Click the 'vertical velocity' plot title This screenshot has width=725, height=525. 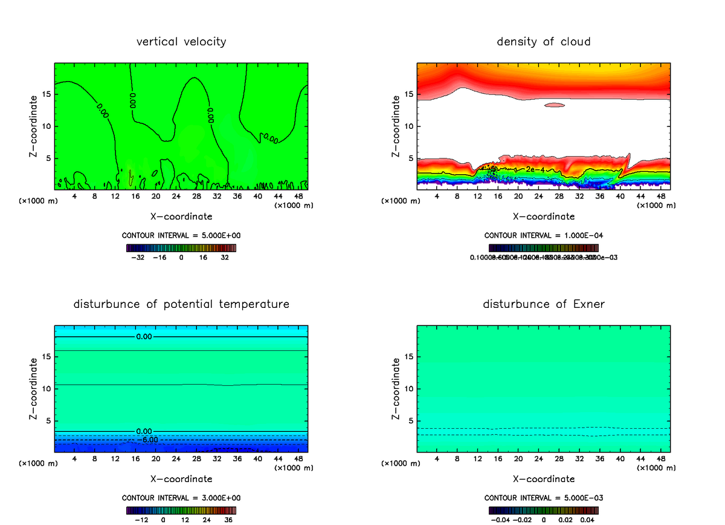point(181,42)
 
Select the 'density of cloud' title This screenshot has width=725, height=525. point(543,42)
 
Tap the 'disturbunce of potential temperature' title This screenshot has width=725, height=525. point(181,304)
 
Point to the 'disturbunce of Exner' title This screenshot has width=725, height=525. point(543,304)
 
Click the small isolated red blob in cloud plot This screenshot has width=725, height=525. point(554,105)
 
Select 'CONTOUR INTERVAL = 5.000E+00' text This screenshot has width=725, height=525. point(181,235)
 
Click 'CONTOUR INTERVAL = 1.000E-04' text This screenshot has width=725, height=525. point(543,235)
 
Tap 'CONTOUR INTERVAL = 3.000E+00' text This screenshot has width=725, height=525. point(181,498)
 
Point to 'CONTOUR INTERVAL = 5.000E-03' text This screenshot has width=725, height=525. point(543,498)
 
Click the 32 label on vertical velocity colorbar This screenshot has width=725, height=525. point(225,257)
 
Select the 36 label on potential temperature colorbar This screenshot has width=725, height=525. point(229,520)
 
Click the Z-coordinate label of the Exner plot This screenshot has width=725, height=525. point(396,389)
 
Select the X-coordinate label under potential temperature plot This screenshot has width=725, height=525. point(181,479)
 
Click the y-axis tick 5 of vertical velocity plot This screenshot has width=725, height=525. point(47,158)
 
